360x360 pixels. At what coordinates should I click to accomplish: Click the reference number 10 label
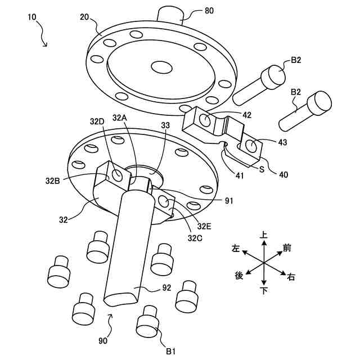point(31,18)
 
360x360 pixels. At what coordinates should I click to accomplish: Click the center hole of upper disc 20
point(161,67)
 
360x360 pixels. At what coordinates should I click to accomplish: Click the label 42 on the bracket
point(247,115)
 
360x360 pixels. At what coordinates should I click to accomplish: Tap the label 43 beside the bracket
point(282,142)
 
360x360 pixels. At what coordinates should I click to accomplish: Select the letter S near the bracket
point(262,168)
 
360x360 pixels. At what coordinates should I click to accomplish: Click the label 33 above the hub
point(164,125)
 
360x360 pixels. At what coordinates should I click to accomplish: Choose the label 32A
point(120,118)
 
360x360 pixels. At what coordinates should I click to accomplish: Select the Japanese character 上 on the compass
point(263,235)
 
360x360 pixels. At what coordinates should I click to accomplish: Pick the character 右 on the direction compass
point(291,276)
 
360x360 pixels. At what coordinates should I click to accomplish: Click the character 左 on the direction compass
point(236,247)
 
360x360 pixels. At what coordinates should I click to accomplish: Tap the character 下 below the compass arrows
point(263,290)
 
